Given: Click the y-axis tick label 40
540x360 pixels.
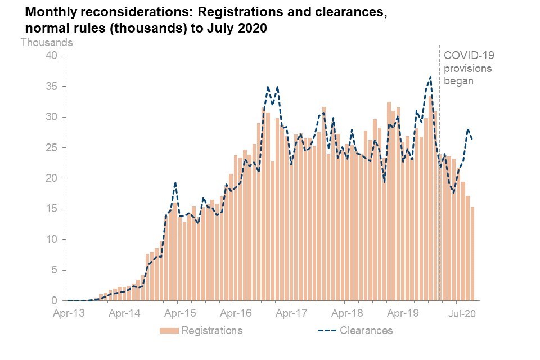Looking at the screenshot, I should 52,56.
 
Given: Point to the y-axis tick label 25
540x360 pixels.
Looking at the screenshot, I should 52,147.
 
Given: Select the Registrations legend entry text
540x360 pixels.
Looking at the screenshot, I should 211,330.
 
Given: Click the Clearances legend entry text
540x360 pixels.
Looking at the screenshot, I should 366,330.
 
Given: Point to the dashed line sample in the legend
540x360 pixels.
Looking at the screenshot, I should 324,330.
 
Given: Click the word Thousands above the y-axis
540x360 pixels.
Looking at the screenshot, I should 47,42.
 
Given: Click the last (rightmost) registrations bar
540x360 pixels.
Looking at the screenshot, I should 472,254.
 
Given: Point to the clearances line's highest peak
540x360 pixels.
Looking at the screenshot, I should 430,77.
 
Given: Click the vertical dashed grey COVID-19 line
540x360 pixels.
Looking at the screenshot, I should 439,169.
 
